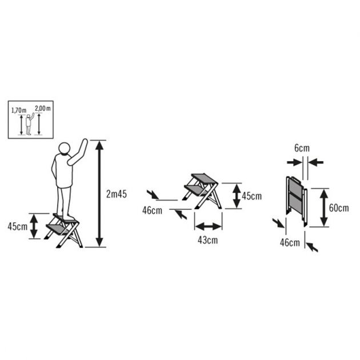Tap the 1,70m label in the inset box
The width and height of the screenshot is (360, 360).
(18, 108)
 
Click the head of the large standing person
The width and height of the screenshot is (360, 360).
(63, 150)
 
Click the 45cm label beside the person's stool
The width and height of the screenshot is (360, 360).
(17, 226)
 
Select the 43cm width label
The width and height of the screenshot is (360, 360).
(208, 240)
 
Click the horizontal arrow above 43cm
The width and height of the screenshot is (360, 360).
(208, 225)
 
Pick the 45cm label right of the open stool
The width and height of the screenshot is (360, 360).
(251, 196)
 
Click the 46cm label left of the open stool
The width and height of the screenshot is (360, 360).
(152, 210)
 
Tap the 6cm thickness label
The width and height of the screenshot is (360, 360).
(302, 149)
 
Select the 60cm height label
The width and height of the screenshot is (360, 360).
(339, 207)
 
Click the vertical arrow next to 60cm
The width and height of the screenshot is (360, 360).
(323, 207)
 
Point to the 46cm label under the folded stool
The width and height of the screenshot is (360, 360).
(290, 243)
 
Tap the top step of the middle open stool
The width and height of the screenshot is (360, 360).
(205, 178)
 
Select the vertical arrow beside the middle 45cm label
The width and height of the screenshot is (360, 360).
(235, 196)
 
